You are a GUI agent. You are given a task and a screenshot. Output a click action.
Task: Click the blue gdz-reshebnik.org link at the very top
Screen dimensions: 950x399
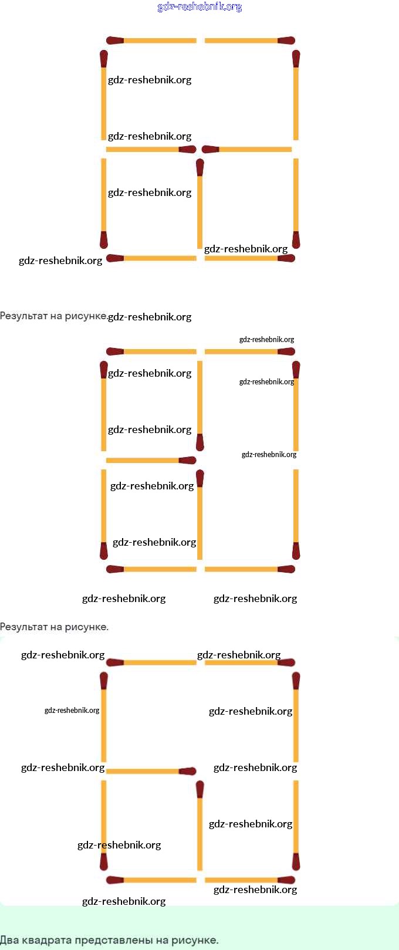tap(199, 7)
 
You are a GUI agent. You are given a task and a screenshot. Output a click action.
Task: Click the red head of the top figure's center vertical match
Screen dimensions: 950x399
tap(200, 168)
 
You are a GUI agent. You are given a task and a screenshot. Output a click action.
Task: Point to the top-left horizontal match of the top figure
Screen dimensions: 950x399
tap(151, 40)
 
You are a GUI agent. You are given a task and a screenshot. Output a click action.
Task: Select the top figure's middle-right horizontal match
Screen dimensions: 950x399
tap(247, 150)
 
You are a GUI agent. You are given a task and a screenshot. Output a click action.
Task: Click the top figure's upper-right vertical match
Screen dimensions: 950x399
tap(296, 96)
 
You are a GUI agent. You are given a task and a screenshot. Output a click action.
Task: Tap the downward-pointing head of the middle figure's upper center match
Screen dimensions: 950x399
tap(200, 442)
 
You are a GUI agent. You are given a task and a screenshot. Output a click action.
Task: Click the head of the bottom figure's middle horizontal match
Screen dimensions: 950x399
tap(188, 771)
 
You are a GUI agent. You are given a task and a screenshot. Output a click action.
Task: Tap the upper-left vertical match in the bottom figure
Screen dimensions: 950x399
tap(104, 717)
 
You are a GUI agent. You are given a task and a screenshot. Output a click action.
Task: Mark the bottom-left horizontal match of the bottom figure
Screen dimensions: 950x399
tap(151, 880)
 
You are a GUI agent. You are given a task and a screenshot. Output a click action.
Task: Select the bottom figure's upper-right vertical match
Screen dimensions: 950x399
tap(296, 717)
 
